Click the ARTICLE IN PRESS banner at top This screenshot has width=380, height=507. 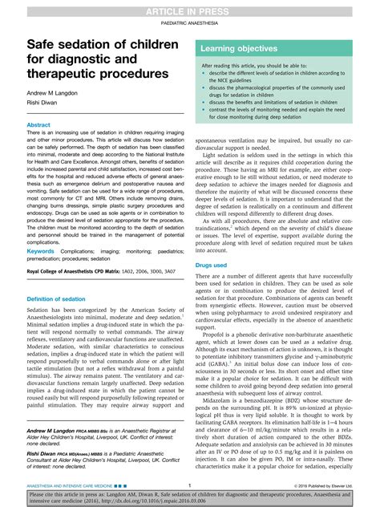190,8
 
